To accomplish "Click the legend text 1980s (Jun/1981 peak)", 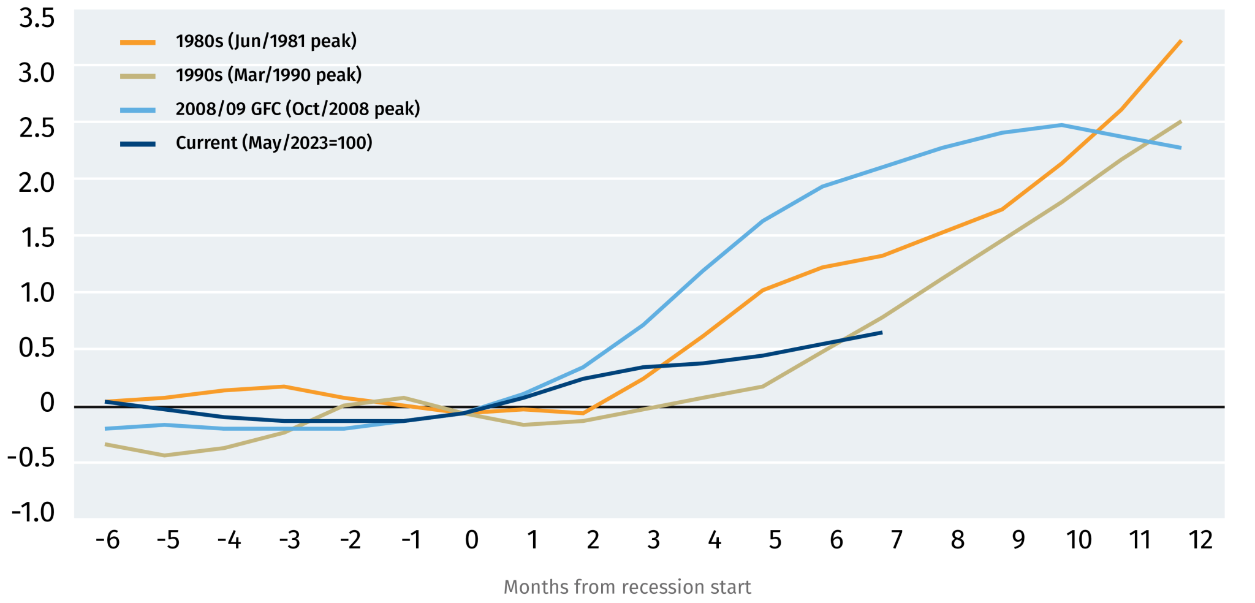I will pyautogui.click(x=266, y=42).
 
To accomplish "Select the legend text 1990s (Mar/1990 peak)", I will pyautogui.click(x=268, y=75).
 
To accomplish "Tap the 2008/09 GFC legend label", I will pyautogui.click(x=298, y=109).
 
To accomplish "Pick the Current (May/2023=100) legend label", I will pyautogui.click(x=274, y=143).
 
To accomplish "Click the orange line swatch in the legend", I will pyautogui.click(x=138, y=42).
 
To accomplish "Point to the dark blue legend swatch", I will pyautogui.click(x=138, y=144).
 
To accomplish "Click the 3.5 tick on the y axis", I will pyautogui.click(x=37, y=18).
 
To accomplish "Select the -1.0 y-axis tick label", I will pyautogui.click(x=33, y=512).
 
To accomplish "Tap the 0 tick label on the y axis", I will pyautogui.click(x=47, y=403).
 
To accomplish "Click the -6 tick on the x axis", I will pyautogui.click(x=107, y=540).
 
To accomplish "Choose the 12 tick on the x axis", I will pyautogui.click(x=1200, y=540).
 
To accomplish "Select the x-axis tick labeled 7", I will pyautogui.click(x=897, y=540).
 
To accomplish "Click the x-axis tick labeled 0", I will pyautogui.click(x=471, y=540).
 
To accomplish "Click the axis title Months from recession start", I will pyautogui.click(x=627, y=587).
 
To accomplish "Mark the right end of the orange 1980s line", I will pyautogui.click(x=1181, y=40).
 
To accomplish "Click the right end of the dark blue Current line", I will pyautogui.click(x=881, y=332).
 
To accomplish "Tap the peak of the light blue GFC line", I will pyautogui.click(x=1061, y=125).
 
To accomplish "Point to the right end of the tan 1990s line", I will pyautogui.click(x=1181, y=121).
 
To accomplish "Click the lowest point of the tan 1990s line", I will pyautogui.click(x=164, y=455).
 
